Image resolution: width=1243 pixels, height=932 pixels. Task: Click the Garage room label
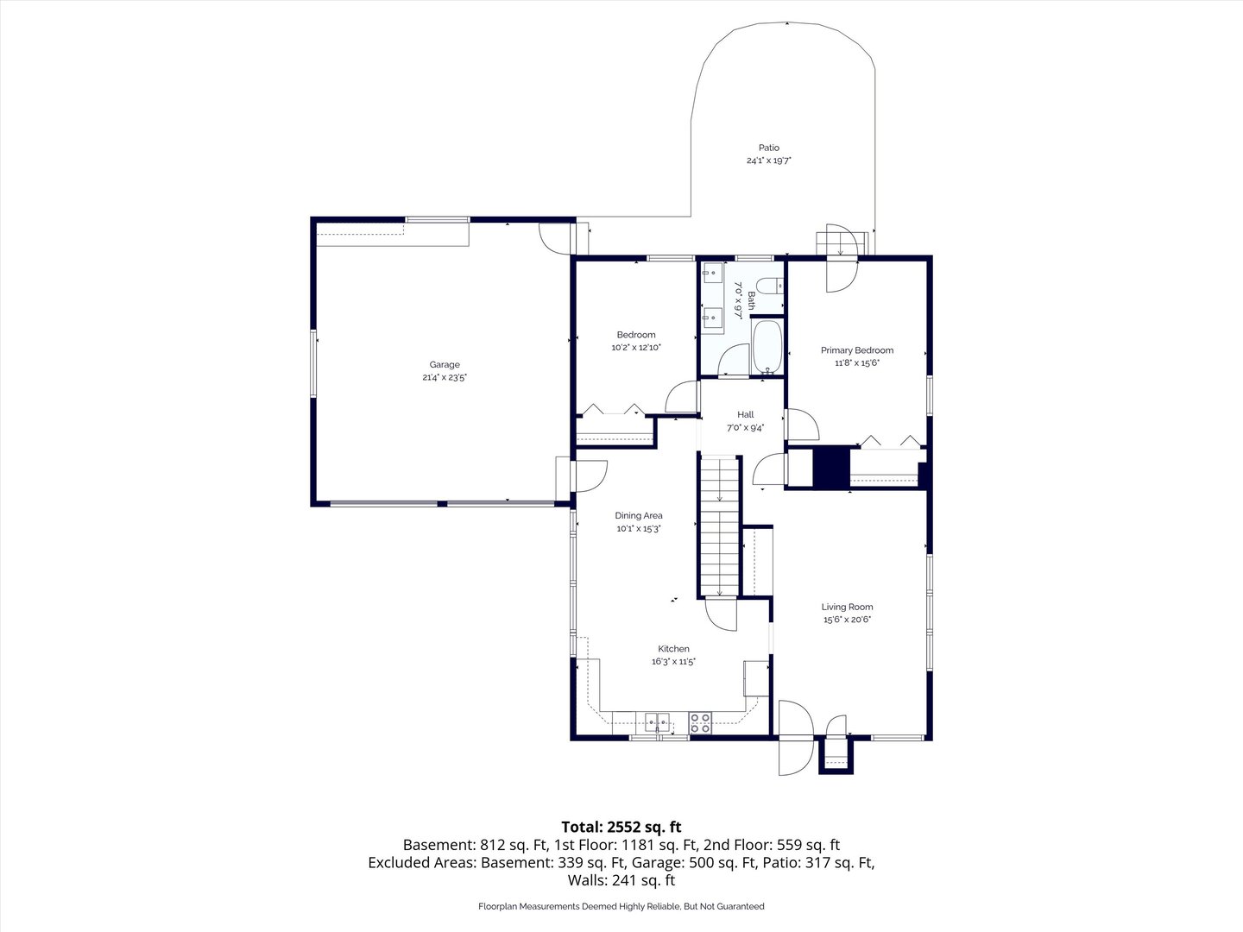point(445,365)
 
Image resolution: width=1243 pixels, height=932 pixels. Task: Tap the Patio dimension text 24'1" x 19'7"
point(768,161)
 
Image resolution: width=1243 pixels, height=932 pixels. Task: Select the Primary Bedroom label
point(857,350)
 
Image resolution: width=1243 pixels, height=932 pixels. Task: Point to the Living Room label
point(847,607)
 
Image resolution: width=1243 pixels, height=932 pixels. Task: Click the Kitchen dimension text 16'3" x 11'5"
point(673,662)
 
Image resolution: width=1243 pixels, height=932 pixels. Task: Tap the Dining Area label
point(639,515)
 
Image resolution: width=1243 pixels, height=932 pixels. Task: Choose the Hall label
point(745,415)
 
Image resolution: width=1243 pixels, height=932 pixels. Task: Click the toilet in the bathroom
point(770,286)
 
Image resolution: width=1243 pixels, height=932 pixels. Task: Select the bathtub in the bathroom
point(767,346)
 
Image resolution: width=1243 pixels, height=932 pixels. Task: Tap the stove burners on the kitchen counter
point(700,723)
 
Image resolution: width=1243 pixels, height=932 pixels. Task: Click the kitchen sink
point(657,722)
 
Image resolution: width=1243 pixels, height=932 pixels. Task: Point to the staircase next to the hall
point(720,526)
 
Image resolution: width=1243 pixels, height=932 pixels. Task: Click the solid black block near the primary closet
point(831,467)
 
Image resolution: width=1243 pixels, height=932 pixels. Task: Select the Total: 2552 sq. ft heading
point(621,827)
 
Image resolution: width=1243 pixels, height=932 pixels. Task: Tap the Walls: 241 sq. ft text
point(621,880)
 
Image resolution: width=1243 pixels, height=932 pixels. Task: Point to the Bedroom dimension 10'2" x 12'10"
point(636,348)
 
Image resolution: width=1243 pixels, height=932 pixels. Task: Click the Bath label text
point(751,300)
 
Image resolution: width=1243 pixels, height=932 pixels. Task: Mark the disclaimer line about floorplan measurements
point(621,906)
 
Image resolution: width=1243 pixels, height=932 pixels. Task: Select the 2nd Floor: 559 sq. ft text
point(772,845)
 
